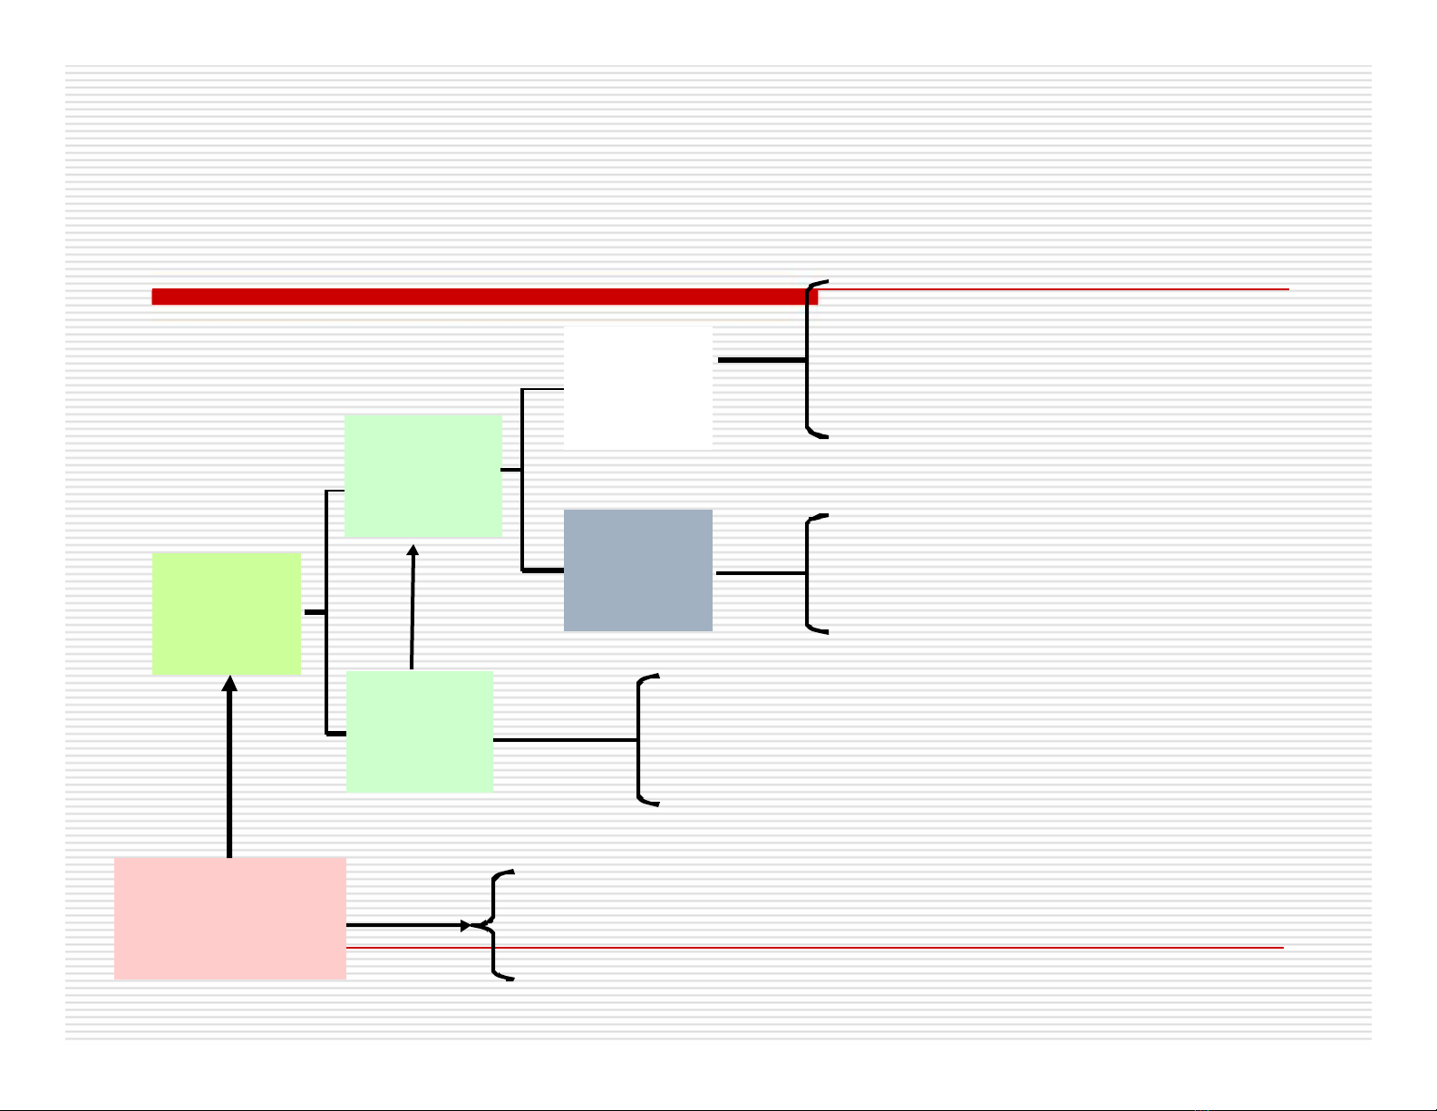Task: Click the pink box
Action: pos(229,918)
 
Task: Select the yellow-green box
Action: pos(226,613)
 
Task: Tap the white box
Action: pos(637,387)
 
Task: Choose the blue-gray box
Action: pos(637,570)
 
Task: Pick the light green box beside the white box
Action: pos(423,475)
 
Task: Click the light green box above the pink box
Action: pos(419,731)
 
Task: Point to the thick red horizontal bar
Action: pos(481,297)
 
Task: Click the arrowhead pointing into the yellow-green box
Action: pos(229,683)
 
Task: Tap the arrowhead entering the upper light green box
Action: pos(413,550)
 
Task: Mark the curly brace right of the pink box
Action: pos(495,925)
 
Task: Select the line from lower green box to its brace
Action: pos(564,740)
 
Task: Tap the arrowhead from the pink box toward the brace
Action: pos(467,925)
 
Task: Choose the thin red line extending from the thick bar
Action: pos(1052,289)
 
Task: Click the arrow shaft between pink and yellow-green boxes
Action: pos(229,771)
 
